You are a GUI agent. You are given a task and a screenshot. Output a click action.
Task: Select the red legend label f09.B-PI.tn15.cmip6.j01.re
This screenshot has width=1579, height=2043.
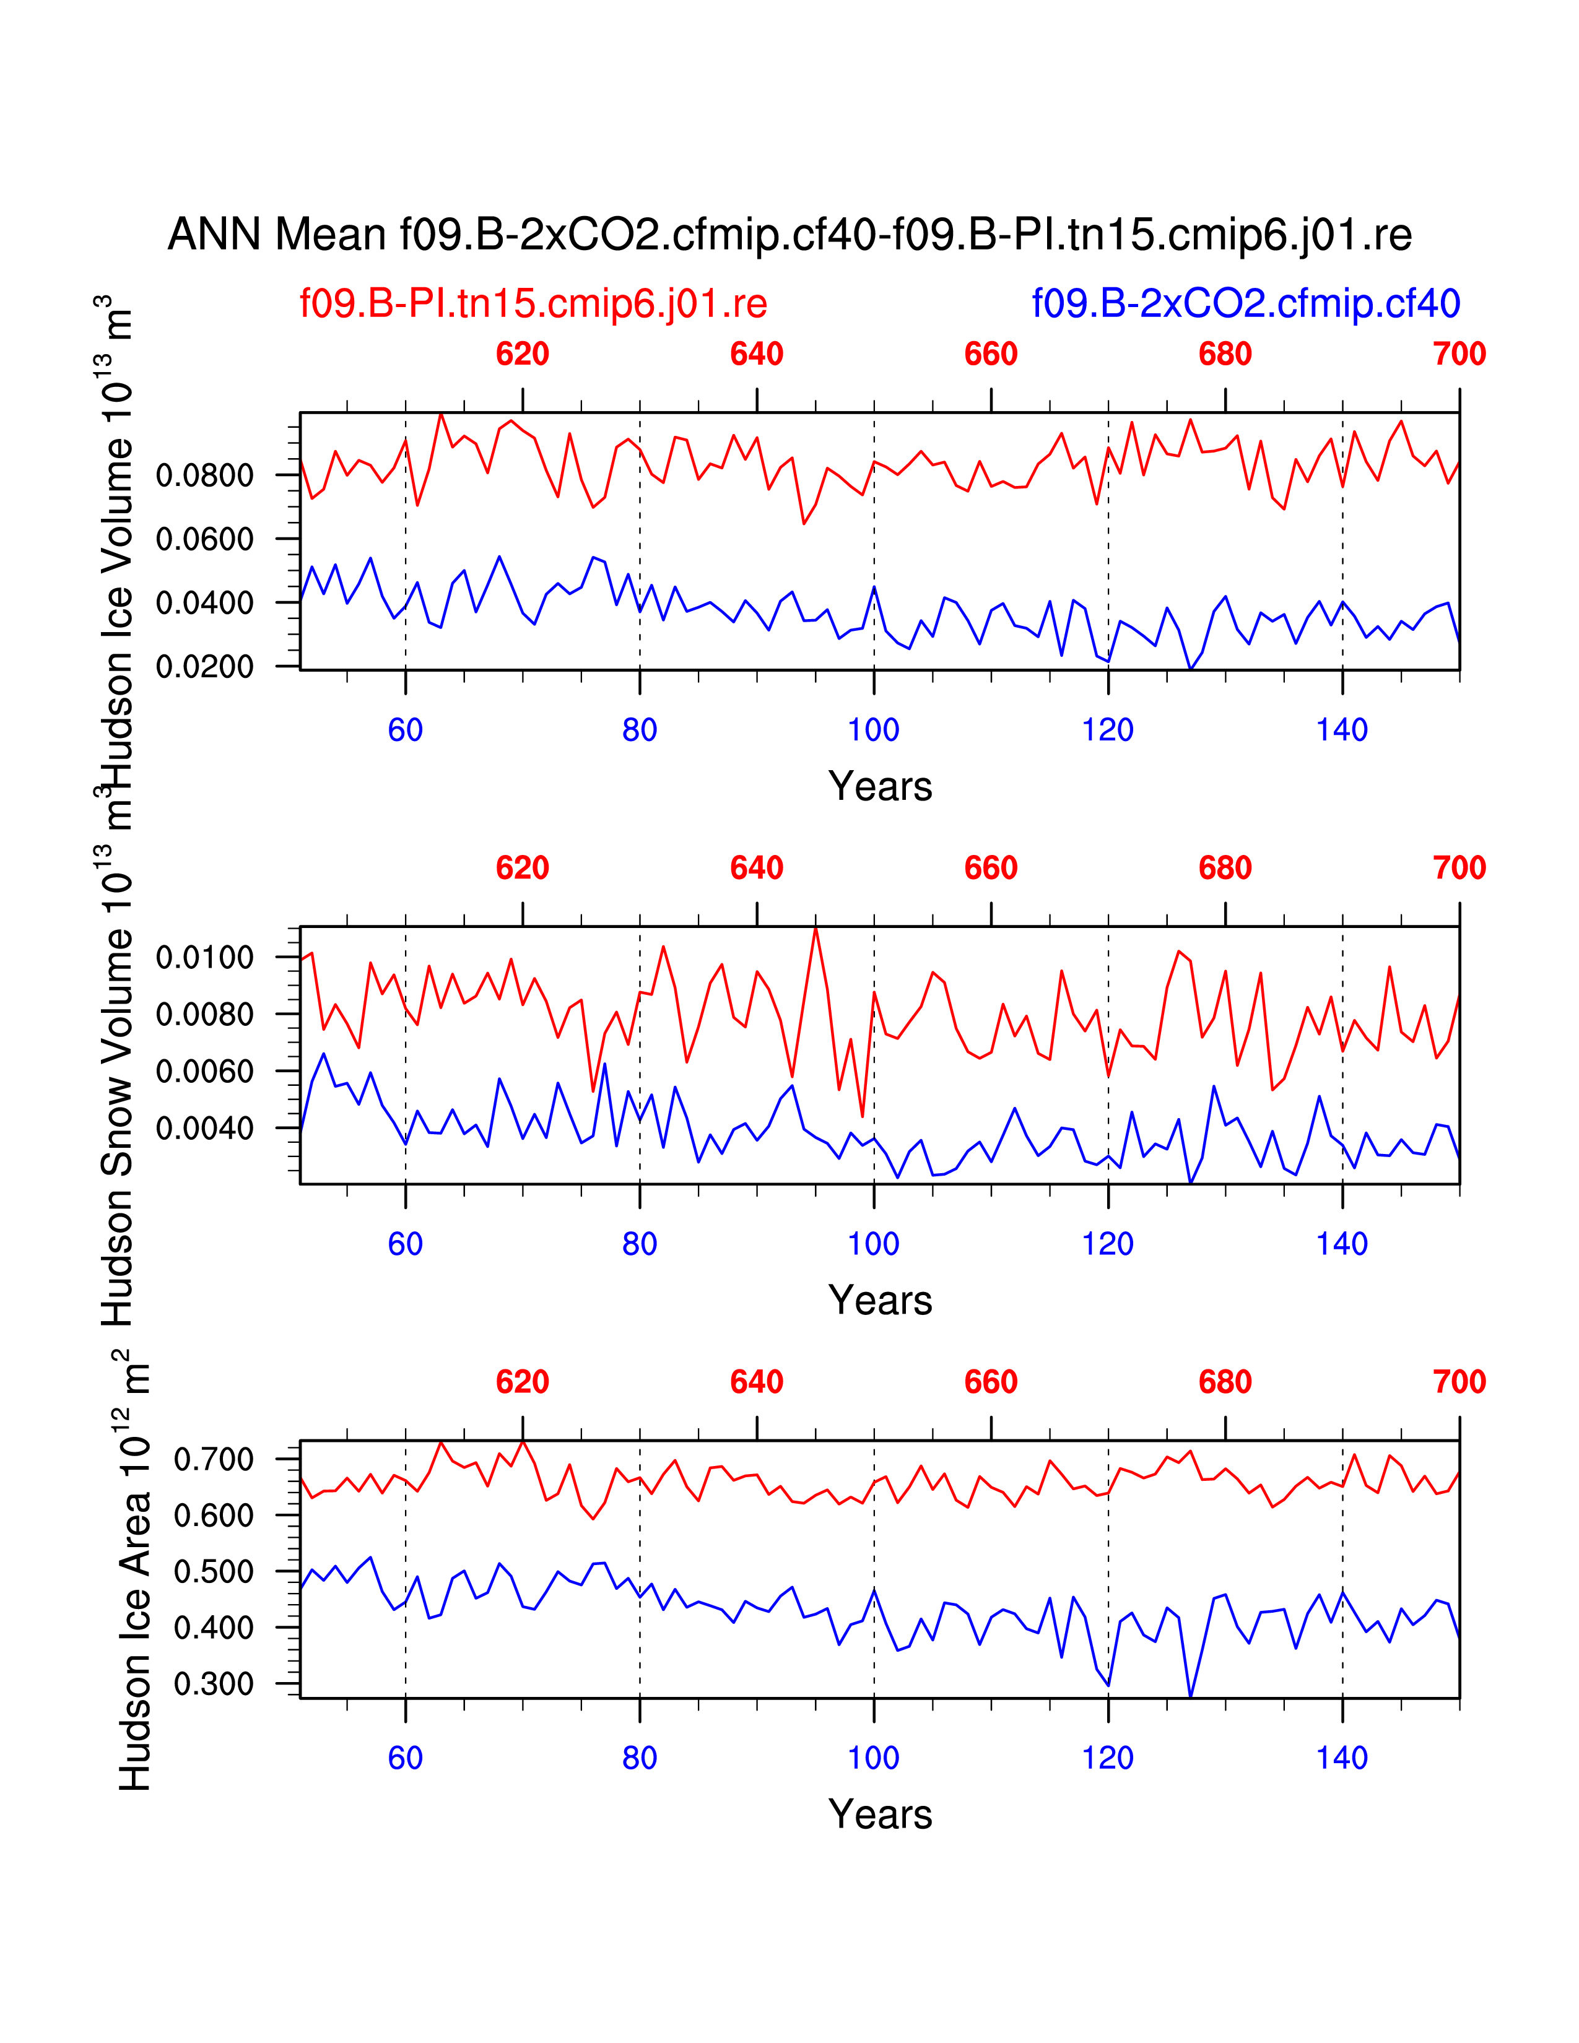(x=533, y=304)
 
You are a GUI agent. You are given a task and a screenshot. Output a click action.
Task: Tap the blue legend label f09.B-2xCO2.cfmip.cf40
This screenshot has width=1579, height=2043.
(x=1245, y=304)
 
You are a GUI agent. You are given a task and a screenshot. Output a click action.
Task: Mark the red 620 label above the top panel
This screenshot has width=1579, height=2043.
(x=522, y=355)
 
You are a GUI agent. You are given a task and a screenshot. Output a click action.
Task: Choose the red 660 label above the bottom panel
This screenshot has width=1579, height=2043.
(x=991, y=1382)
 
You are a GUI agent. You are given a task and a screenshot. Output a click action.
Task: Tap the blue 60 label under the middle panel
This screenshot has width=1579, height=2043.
(x=405, y=1244)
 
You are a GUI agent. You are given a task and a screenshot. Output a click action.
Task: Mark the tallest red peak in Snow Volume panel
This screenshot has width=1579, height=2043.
(x=816, y=928)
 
